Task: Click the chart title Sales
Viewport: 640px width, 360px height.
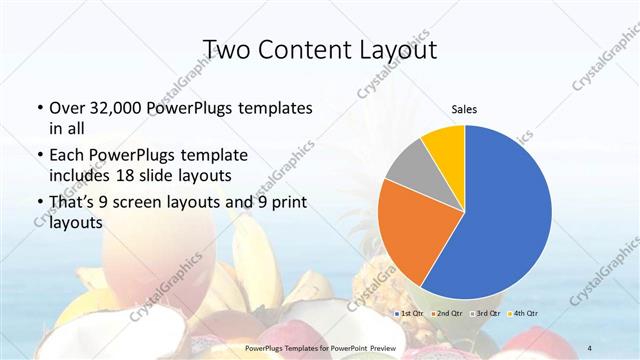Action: (464, 108)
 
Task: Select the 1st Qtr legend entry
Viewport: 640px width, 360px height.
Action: (412, 313)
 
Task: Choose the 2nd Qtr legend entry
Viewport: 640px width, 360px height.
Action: (448, 313)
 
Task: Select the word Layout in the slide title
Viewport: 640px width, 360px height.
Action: (400, 49)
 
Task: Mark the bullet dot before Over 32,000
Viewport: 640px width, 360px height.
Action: (39, 108)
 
